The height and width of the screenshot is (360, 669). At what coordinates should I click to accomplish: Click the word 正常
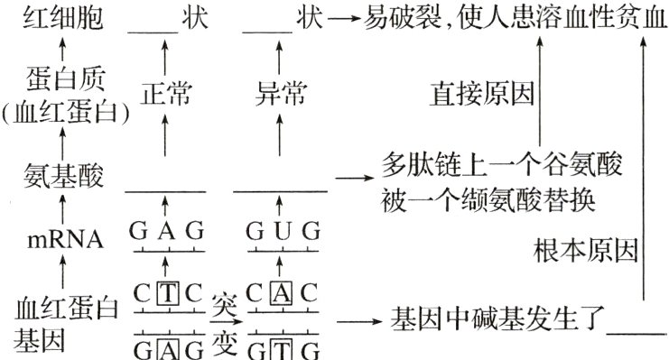[167, 93]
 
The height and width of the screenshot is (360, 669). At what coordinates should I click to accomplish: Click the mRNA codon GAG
[166, 232]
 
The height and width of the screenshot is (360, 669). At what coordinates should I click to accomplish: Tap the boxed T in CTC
[167, 294]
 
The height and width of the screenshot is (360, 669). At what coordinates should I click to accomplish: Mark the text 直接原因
[481, 94]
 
